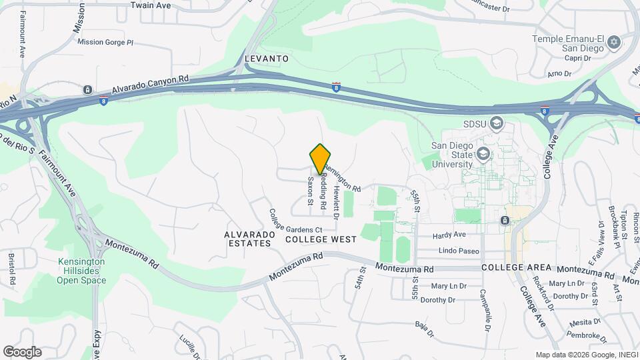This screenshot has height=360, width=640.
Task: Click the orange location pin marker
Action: point(320,159)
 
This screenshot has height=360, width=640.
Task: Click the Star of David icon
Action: point(614,44)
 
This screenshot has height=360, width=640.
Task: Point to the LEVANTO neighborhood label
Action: point(267,59)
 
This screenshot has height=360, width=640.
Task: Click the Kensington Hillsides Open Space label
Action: point(81,271)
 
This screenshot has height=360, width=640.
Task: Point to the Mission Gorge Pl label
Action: point(105,42)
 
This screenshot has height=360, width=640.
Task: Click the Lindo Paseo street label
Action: point(459,251)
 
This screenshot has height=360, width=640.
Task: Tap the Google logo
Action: point(22,351)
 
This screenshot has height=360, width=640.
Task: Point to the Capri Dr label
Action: point(578,58)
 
